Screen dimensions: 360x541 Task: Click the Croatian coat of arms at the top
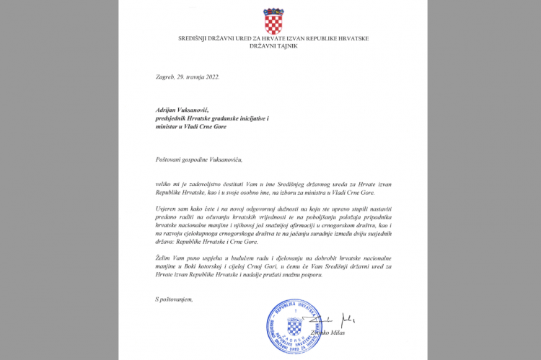coord(272,22)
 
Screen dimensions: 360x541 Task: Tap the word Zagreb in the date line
coord(165,76)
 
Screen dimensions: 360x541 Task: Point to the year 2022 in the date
coord(210,76)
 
